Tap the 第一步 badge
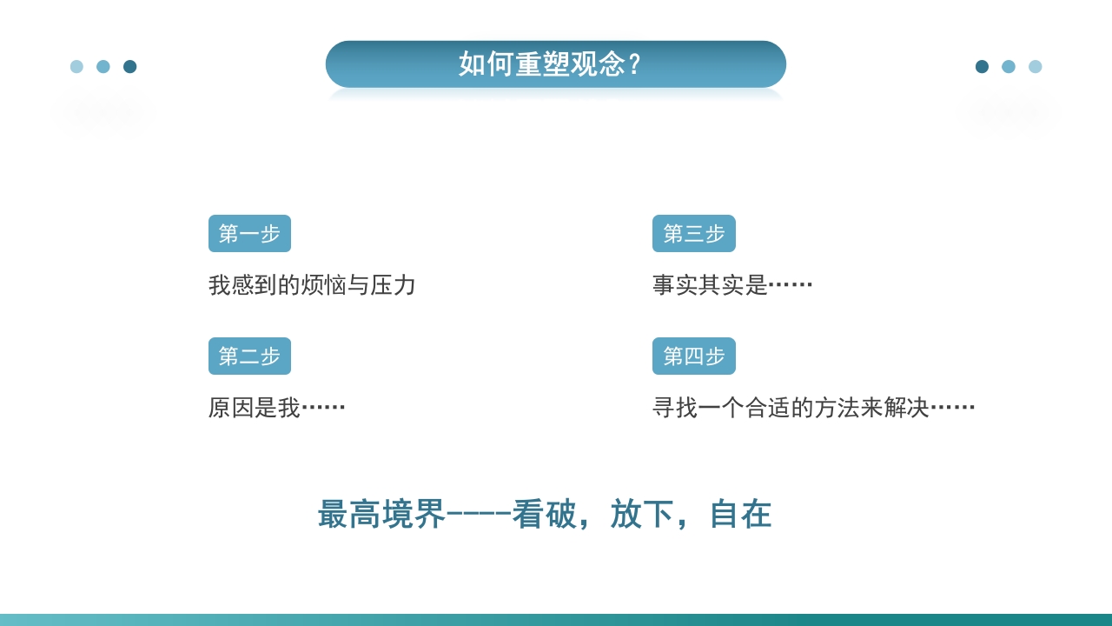[249, 234]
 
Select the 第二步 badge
[249, 356]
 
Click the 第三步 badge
[693, 234]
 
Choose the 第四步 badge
[693, 356]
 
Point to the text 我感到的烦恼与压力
[312, 285]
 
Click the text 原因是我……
[276, 408]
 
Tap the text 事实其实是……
[732, 285]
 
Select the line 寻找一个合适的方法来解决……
[813, 408]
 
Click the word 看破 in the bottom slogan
[544, 514]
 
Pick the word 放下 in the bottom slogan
[642, 514]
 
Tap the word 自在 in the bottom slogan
[740, 514]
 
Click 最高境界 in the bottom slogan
[381, 514]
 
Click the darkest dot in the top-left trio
[130, 67]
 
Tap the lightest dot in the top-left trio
[76, 67]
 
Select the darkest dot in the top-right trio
[982, 67]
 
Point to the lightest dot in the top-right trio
[1035, 67]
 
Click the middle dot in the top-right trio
[1009, 67]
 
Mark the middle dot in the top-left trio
[103, 67]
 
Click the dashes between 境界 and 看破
[479, 514]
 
